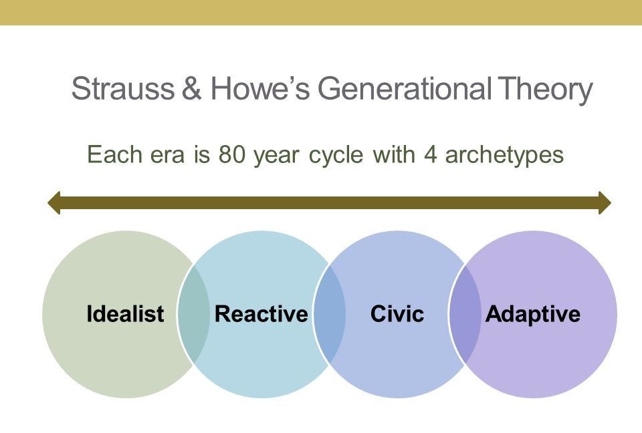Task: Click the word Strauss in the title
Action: pyautogui.click(x=123, y=88)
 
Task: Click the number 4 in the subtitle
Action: pyautogui.click(x=430, y=155)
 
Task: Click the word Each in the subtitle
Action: pyautogui.click(x=114, y=155)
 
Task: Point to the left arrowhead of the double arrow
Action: pyautogui.click(x=54, y=202)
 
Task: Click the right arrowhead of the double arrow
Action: pyautogui.click(x=605, y=202)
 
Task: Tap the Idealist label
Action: pyautogui.click(x=125, y=314)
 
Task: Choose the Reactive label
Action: pyautogui.click(x=261, y=314)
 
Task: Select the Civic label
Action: pyautogui.click(x=397, y=314)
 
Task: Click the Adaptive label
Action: pyautogui.click(x=533, y=315)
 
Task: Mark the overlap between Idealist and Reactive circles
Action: pyautogui.click(x=193, y=314)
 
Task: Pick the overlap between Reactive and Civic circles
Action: pyautogui.click(x=330, y=314)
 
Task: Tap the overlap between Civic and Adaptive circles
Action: pyautogui.click(x=465, y=314)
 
